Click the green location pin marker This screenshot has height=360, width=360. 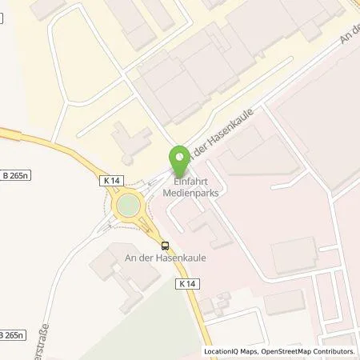pos(180,157)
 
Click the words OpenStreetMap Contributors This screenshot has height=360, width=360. pos(312,351)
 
